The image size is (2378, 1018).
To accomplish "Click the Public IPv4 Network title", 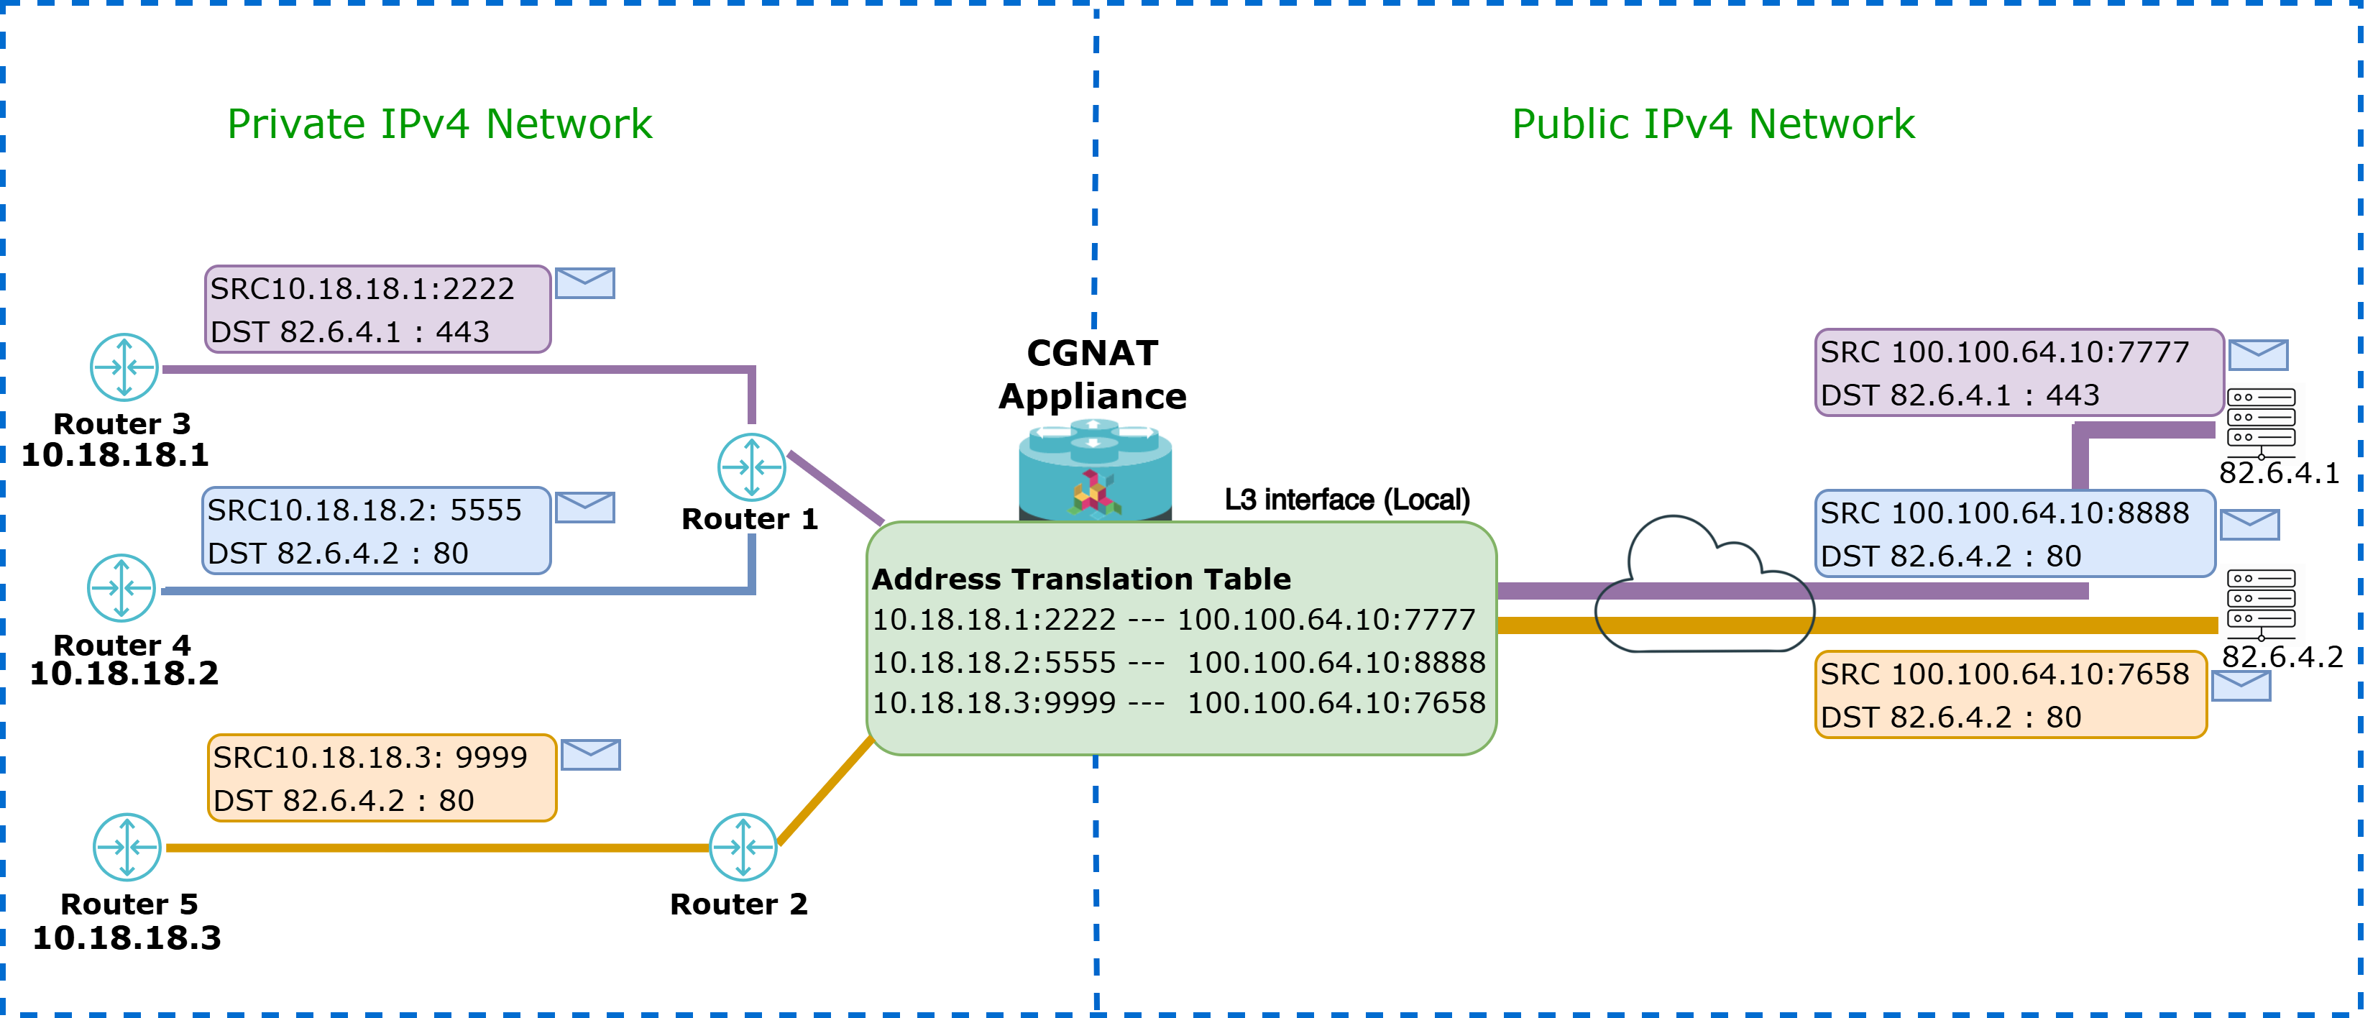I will click(x=1712, y=124).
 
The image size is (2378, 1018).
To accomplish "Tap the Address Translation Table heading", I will click(x=1081, y=579).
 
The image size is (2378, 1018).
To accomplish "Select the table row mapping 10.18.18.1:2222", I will click(x=1173, y=619).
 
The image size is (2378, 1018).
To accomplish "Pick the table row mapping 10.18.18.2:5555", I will click(x=1178, y=661).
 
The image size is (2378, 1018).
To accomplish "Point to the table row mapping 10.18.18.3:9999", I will click(x=1178, y=703).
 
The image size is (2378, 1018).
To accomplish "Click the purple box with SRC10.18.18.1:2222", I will click(x=377, y=309).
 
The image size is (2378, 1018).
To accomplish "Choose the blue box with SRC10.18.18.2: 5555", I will click(x=376, y=531).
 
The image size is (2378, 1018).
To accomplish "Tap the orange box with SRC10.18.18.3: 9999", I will click(x=382, y=778).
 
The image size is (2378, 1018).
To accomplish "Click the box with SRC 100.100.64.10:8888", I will click(x=2015, y=534).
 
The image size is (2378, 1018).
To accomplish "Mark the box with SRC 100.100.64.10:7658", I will click(x=2011, y=695).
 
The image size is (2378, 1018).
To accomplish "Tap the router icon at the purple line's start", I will click(x=124, y=367).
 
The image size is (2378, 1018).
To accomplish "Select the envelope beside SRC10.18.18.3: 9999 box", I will click(x=591, y=755).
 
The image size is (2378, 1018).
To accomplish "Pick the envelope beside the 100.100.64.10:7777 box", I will click(x=2258, y=354).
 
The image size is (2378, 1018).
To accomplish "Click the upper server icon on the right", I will click(x=2262, y=423).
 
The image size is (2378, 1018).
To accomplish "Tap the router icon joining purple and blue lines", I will click(x=751, y=467).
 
